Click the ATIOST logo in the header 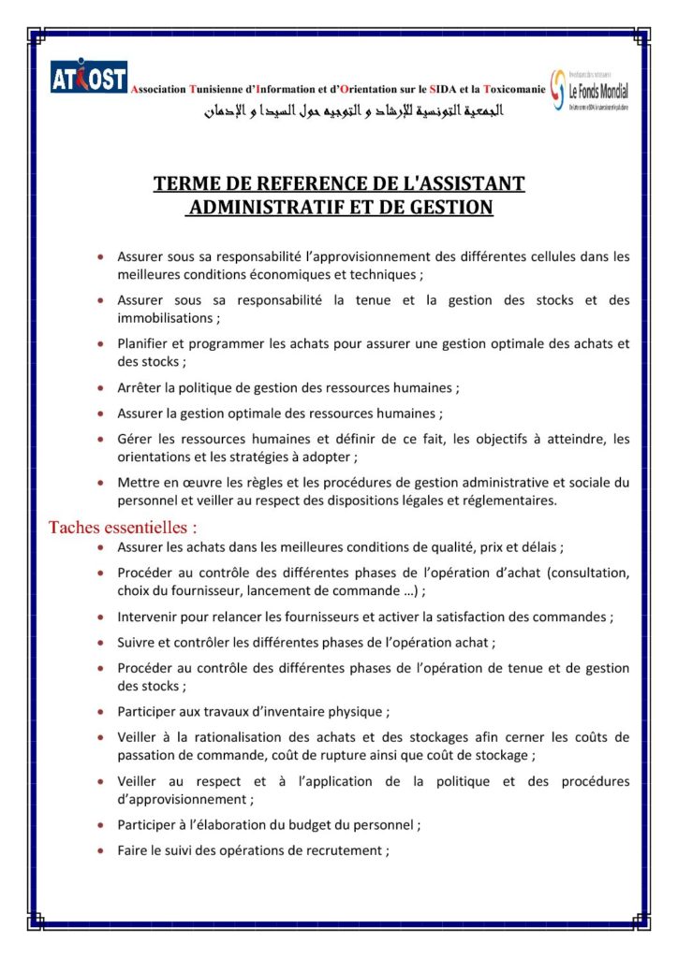point(89,80)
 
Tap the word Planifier point(145,343)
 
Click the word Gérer point(135,439)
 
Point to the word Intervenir point(149,617)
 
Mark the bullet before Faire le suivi point(99,850)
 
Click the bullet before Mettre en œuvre point(99,483)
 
